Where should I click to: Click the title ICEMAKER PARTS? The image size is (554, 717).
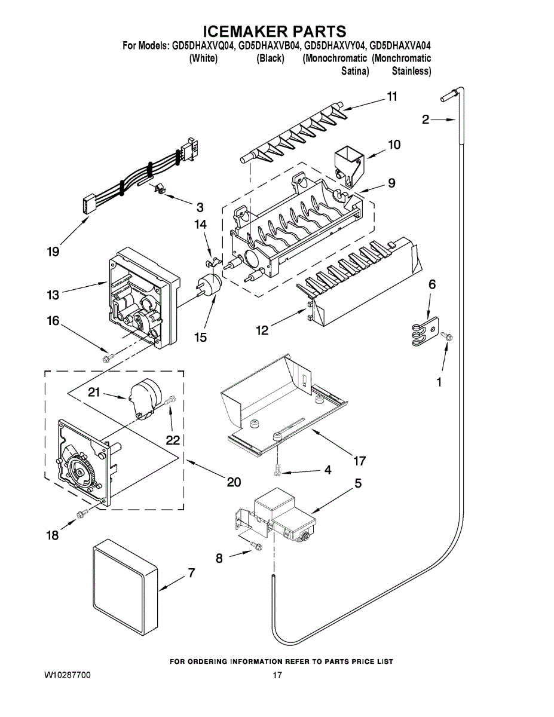point(276,31)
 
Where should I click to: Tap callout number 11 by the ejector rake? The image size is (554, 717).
point(392,97)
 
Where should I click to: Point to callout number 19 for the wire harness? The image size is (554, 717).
point(53,252)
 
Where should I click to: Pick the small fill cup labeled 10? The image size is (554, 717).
point(348,164)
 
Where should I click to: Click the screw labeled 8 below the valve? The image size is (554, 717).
point(256,545)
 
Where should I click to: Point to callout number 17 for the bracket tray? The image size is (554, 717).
point(359,461)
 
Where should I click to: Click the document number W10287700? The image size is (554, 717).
point(68,675)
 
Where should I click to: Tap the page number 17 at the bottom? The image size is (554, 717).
point(277,675)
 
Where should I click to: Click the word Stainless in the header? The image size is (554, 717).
point(411,72)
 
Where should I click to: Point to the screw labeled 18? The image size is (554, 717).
point(82,514)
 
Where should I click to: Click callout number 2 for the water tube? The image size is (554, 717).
point(425,119)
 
